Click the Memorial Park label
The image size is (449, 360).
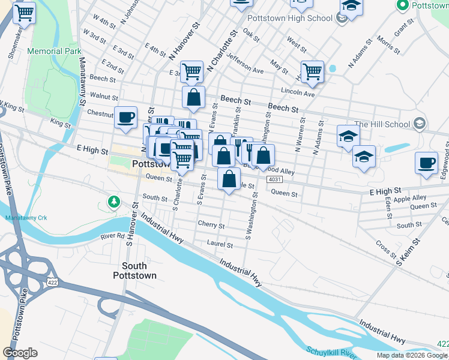pos(54,52)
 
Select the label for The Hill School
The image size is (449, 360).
pos(382,125)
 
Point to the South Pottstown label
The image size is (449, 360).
pos(139,271)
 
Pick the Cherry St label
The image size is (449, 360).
pos(211,226)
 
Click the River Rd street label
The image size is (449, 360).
pos(112,237)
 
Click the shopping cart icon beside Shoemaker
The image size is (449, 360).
pos(24,12)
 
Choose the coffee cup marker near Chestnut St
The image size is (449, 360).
pos(125,117)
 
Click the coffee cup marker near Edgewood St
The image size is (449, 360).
pos(426,163)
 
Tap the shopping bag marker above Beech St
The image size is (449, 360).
pos(194,97)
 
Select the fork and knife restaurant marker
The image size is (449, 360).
pos(242,148)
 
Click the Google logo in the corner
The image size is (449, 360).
pos(20,352)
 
